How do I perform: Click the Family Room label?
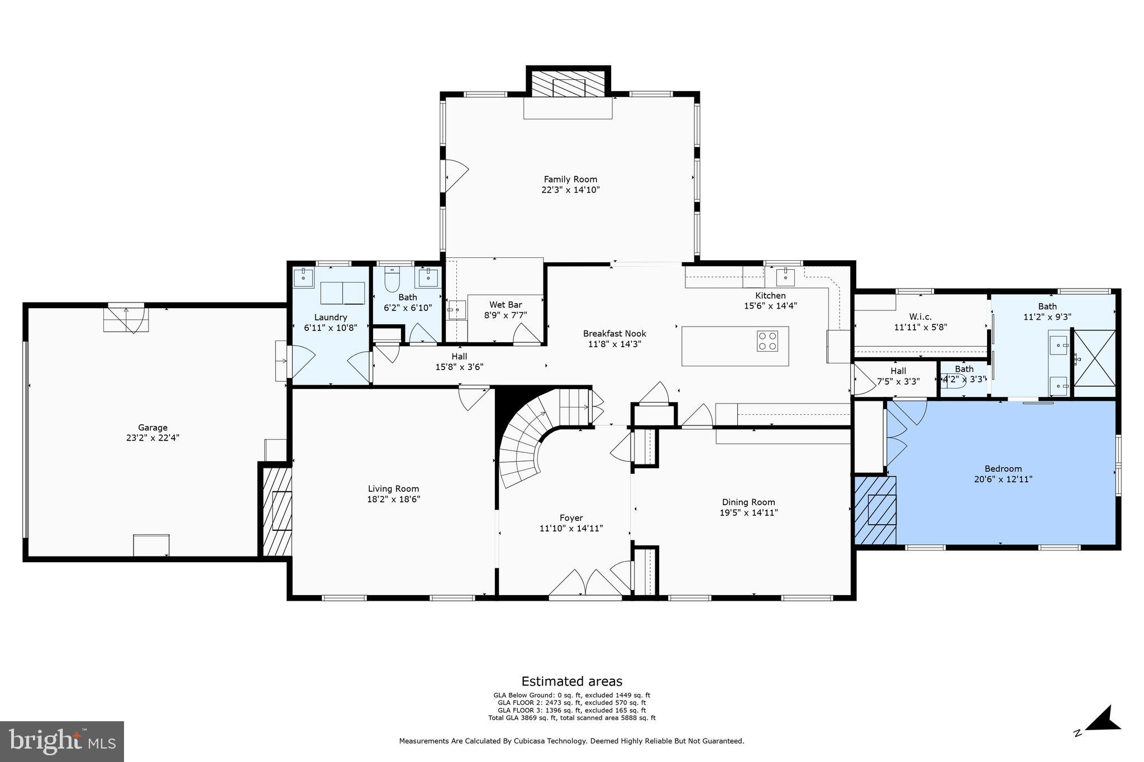570,179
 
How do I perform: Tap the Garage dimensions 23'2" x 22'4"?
152,438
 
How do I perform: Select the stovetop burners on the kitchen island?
768,341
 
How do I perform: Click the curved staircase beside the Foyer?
522,447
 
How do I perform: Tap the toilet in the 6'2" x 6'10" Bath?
392,280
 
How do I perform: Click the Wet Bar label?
506,305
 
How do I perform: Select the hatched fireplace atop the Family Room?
568,83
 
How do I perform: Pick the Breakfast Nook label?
614,334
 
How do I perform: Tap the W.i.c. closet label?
920,317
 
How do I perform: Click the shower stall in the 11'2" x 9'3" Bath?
1095,358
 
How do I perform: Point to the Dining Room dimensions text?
749,512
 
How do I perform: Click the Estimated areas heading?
571,681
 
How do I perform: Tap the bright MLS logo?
61,741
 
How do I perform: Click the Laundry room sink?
303,277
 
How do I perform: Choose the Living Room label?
393,488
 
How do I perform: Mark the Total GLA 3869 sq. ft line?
571,718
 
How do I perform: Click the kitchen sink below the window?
785,276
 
